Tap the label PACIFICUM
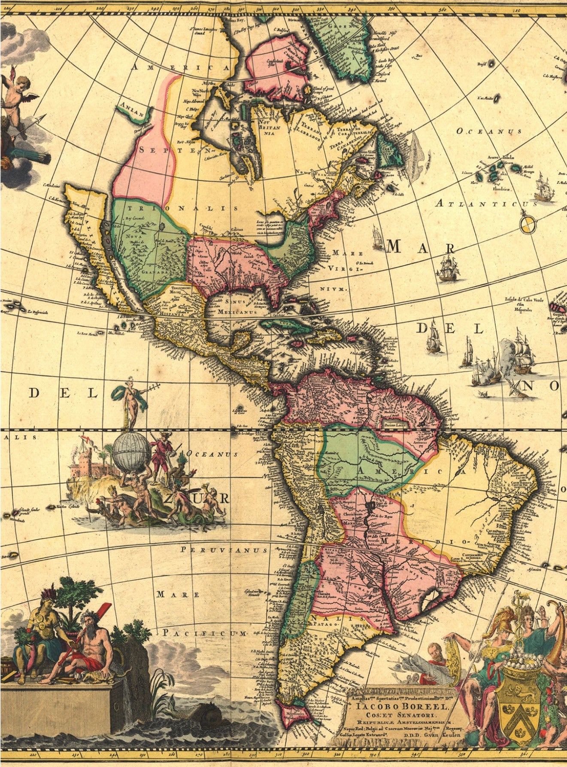point(205,633)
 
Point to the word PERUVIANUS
point(224,550)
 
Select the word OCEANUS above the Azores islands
point(489,131)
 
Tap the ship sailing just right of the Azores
point(544,189)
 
